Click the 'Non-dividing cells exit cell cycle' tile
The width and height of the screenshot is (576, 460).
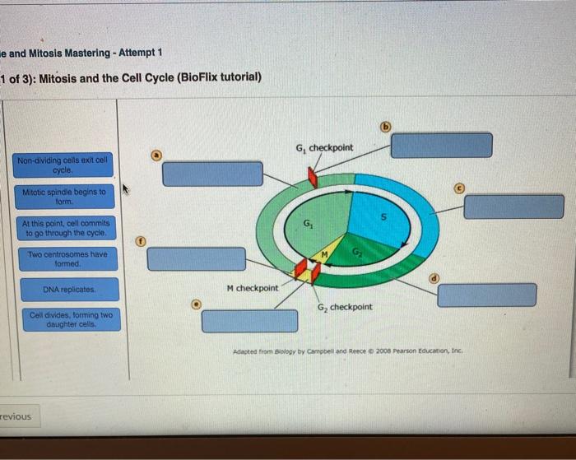63,165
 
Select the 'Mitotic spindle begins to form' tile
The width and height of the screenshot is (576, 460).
64,197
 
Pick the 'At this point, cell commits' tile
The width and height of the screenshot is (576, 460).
66,228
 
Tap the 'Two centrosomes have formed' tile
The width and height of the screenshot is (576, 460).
68,259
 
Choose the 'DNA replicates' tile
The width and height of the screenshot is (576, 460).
70,290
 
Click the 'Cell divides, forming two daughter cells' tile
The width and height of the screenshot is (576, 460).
72,319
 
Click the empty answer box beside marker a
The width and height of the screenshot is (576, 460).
212,174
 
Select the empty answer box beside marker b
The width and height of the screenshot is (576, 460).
442,146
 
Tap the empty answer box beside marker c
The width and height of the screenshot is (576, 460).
514,207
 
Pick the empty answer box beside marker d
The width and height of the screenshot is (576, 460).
487,295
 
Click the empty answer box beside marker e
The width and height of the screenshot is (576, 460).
250,321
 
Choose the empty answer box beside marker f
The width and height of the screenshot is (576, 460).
197,259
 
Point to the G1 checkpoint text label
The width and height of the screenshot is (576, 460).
324,148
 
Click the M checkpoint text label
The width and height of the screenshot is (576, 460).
253,288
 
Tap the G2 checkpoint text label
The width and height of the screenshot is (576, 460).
345,307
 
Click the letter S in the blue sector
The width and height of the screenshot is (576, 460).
384,217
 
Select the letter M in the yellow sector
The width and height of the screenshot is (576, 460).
324,254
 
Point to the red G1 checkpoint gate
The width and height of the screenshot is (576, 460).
313,178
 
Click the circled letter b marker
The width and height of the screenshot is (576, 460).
386,127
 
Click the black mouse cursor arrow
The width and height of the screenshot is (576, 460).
125,188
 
